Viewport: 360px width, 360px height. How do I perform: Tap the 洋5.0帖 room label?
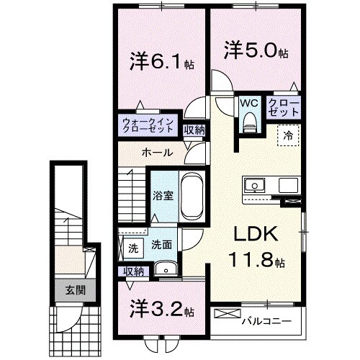pos(256,52)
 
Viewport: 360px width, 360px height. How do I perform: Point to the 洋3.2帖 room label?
pos(160,311)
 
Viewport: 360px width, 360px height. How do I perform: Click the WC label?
pos(248,103)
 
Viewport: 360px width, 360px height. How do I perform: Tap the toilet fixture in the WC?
pos(249,124)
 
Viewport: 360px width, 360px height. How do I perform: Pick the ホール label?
pos(156,153)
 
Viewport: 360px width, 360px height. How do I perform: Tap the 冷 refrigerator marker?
pos(287,135)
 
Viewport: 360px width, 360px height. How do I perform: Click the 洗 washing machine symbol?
pos(132,249)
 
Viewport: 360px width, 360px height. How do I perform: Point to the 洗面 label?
pos(160,245)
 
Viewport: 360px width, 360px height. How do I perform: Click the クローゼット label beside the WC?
pos(282,108)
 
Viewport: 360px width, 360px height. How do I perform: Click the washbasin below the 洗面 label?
pos(166,269)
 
